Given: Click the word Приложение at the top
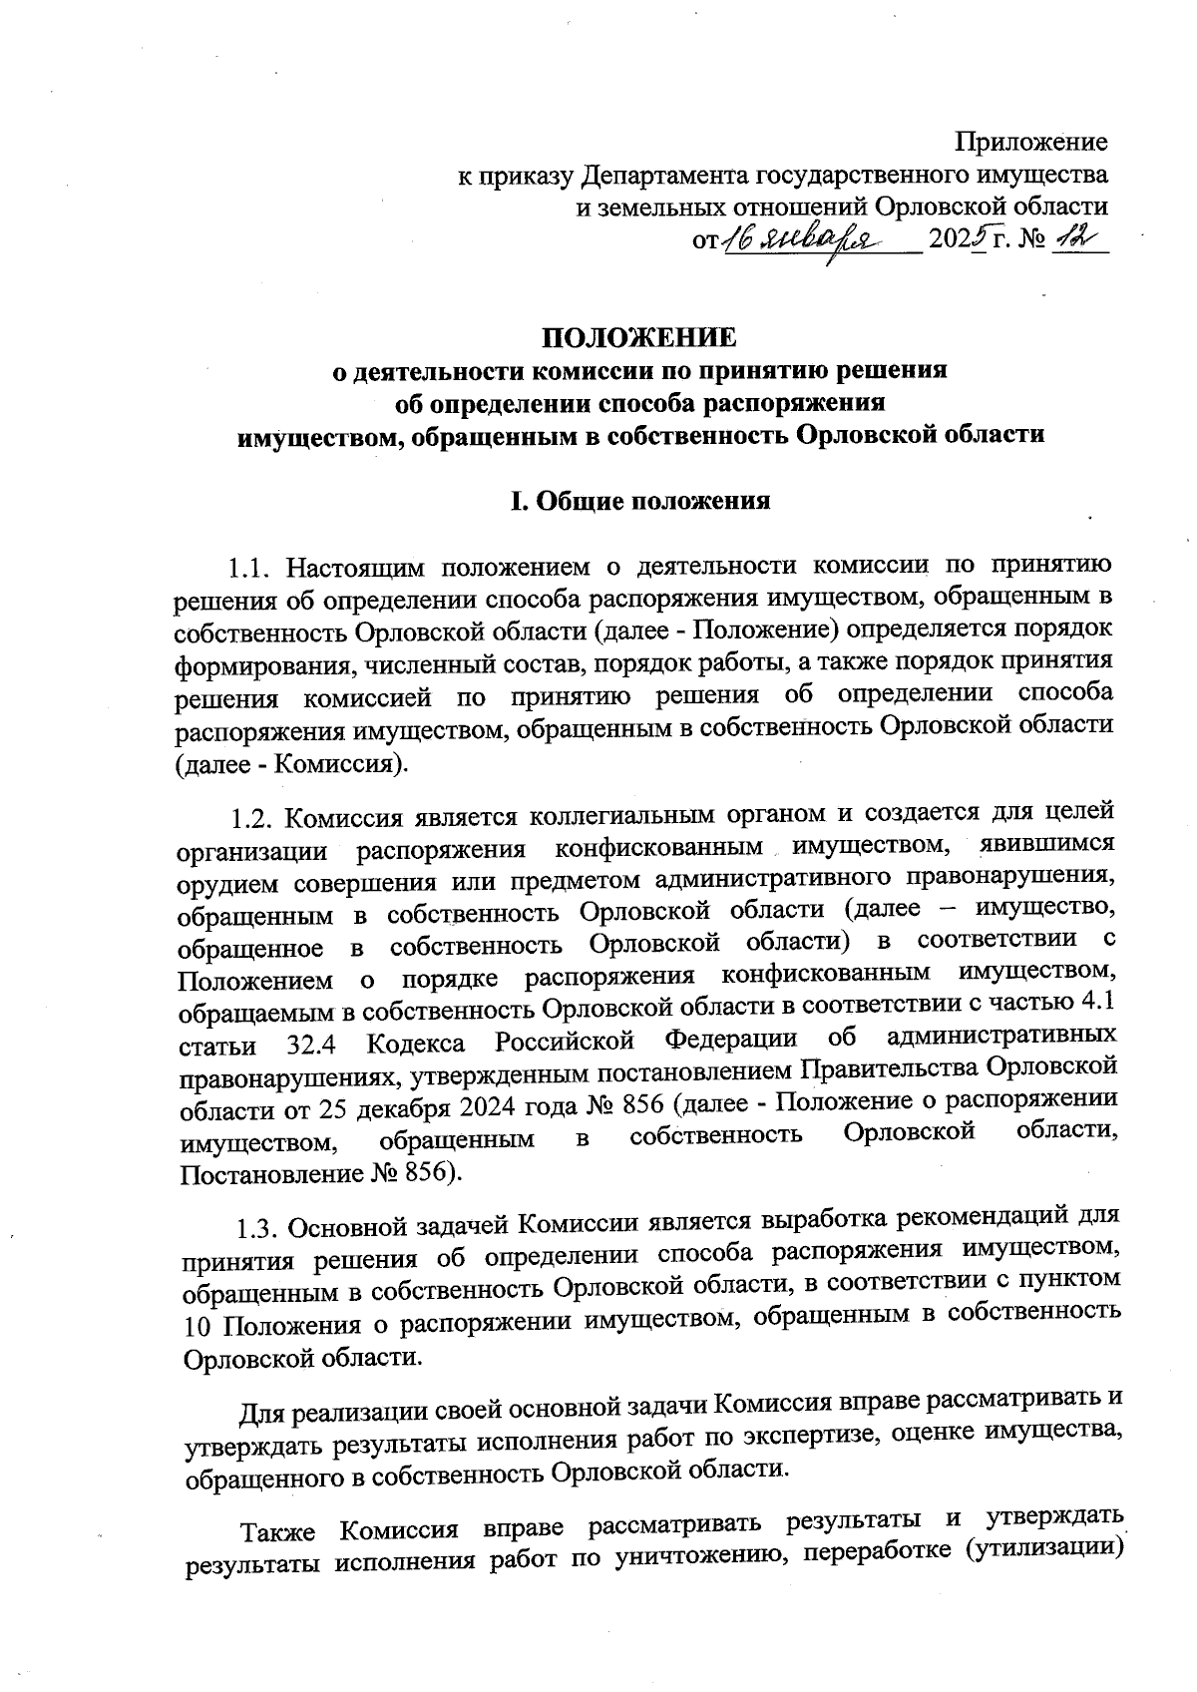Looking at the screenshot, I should [x=1031, y=142].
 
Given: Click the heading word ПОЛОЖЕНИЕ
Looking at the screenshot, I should [x=638, y=336].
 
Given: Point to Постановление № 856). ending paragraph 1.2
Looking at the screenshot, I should [x=319, y=1171].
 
